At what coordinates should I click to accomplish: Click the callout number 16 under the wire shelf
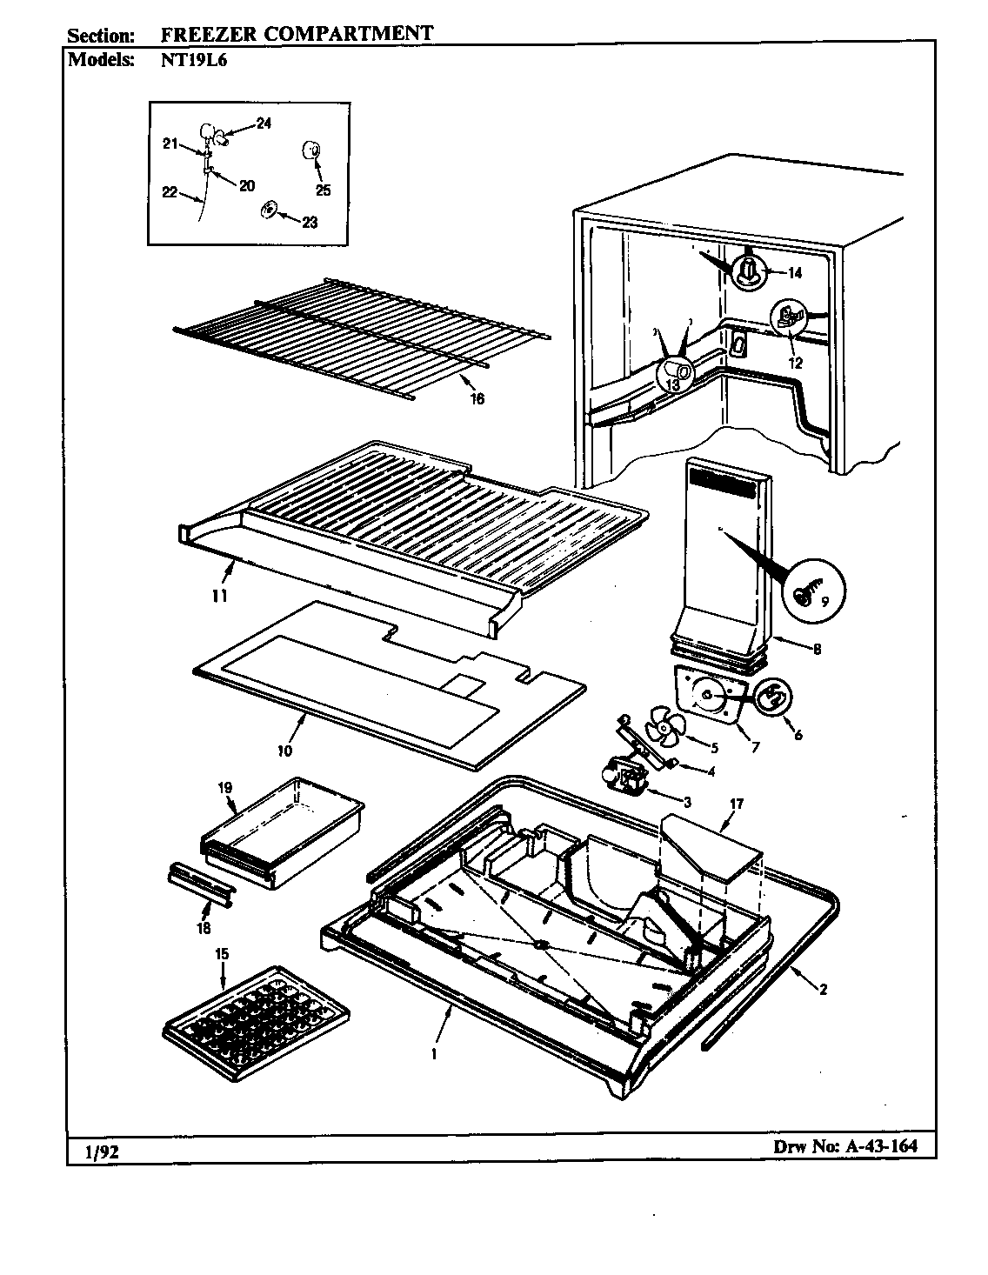(477, 399)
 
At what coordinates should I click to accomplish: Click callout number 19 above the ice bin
(225, 788)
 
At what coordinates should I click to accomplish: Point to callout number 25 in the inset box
(324, 190)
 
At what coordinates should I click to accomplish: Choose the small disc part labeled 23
(270, 210)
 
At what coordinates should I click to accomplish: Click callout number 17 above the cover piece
(736, 804)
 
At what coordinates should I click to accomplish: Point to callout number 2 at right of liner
(822, 988)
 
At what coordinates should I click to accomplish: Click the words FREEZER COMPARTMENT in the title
(296, 35)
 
